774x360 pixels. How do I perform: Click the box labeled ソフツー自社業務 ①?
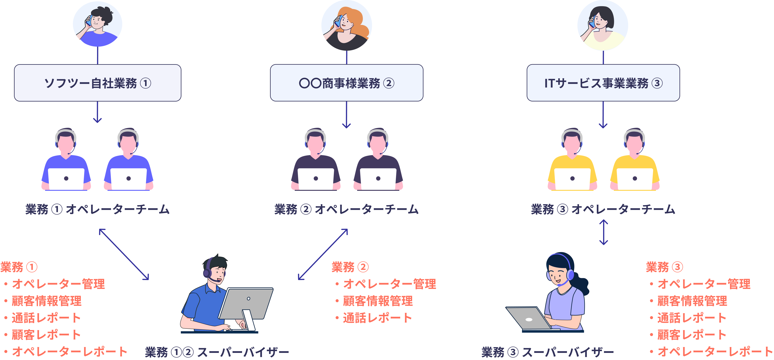tap(98, 83)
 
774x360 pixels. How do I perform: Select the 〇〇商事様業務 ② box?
tap(346, 83)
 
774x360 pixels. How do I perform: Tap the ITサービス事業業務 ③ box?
tap(603, 83)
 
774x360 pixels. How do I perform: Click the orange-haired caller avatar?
tap(346, 25)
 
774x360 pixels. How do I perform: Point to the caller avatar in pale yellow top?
tap(603, 25)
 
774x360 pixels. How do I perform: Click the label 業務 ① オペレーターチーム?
tap(98, 209)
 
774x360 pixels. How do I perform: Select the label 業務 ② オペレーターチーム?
tap(346, 209)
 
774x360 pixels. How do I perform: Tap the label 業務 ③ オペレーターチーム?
tap(603, 209)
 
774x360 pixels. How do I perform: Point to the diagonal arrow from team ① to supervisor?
tap(124, 254)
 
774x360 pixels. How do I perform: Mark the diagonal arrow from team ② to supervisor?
tap(323, 254)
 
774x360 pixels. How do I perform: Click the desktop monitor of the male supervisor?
tap(246, 304)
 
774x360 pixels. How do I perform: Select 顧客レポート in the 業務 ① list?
tap(46, 335)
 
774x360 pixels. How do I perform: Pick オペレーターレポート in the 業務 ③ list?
tap(715, 352)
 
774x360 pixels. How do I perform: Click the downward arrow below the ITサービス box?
tap(603, 115)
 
